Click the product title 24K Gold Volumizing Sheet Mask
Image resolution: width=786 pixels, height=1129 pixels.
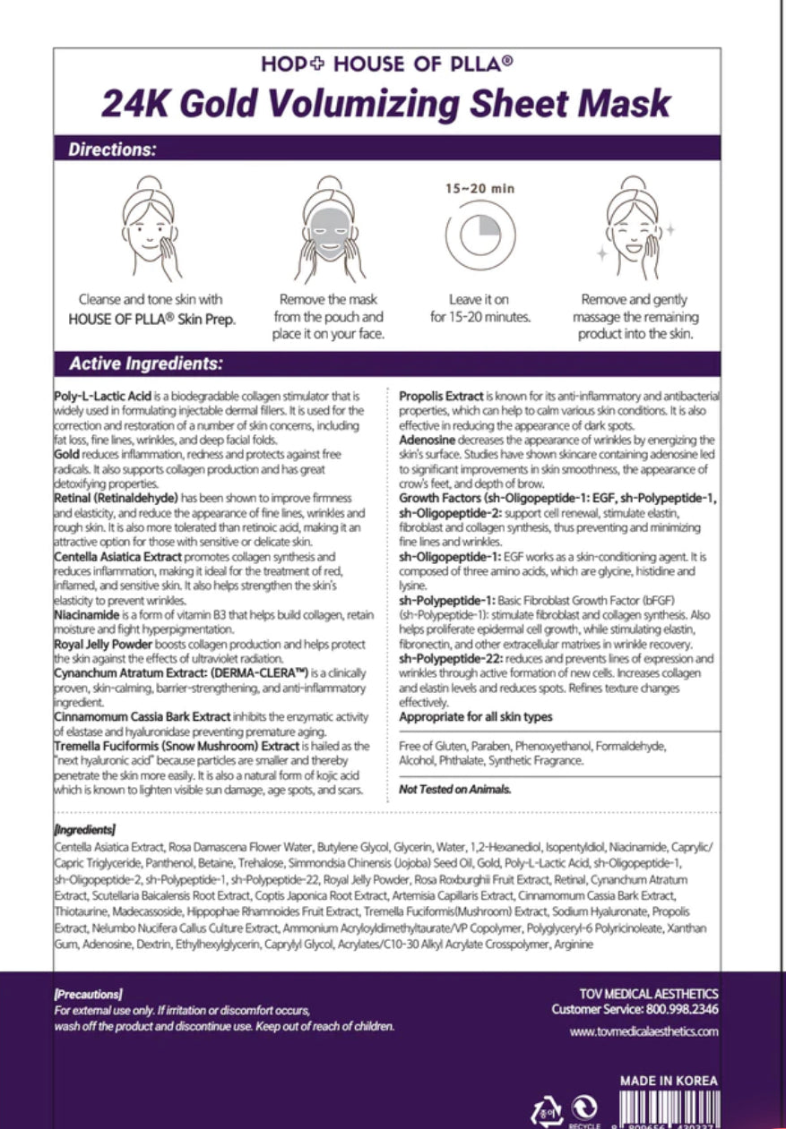pos(385,103)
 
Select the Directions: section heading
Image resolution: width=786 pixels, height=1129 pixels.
pos(112,150)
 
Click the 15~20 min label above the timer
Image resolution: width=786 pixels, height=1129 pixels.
pos(480,189)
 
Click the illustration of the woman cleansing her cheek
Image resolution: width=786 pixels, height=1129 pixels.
pos(151,228)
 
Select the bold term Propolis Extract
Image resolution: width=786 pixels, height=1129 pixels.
pos(441,396)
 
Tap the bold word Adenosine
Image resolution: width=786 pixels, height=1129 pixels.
pos(428,440)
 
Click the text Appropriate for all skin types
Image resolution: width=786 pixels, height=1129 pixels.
pos(475,716)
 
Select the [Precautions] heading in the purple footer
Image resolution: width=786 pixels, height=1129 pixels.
pos(88,994)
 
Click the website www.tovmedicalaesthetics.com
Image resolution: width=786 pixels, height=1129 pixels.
pos(643,1031)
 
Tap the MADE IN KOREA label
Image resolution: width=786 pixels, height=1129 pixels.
pos(669,1081)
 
